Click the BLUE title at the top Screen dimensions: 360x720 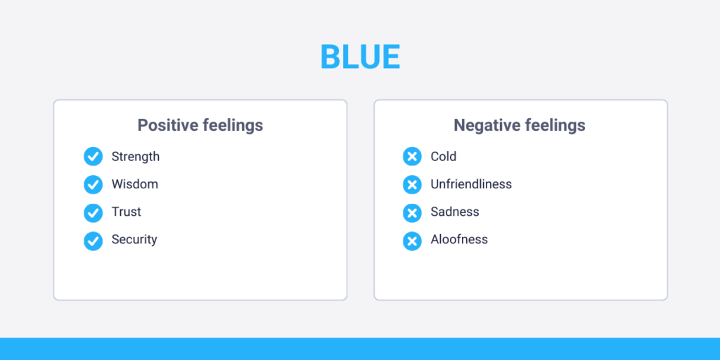(x=360, y=57)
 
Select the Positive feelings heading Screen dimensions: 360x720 (x=200, y=126)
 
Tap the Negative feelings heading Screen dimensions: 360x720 (x=520, y=126)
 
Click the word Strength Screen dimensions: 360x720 (x=136, y=157)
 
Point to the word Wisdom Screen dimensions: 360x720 (x=135, y=184)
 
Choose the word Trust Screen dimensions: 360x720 (x=127, y=212)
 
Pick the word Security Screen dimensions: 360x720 (x=134, y=240)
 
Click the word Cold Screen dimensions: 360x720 (x=444, y=157)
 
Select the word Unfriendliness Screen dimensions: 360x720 (x=471, y=184)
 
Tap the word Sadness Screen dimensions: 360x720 (x=455, y=212)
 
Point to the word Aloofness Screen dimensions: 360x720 (x=459, y=240)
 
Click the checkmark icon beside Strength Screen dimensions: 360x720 (x=93, y=157)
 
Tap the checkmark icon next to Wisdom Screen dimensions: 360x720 (x=93, y=184)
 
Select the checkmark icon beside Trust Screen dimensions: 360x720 (x=93, y=212)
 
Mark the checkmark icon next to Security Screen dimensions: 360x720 (x=93, y=240)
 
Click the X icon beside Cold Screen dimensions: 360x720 (x=412, y=157)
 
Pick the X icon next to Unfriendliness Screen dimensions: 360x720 (x=412, y=184)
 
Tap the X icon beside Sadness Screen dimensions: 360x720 (x=412, y=212)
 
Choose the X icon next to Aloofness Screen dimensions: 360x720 (x=412, y=240)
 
